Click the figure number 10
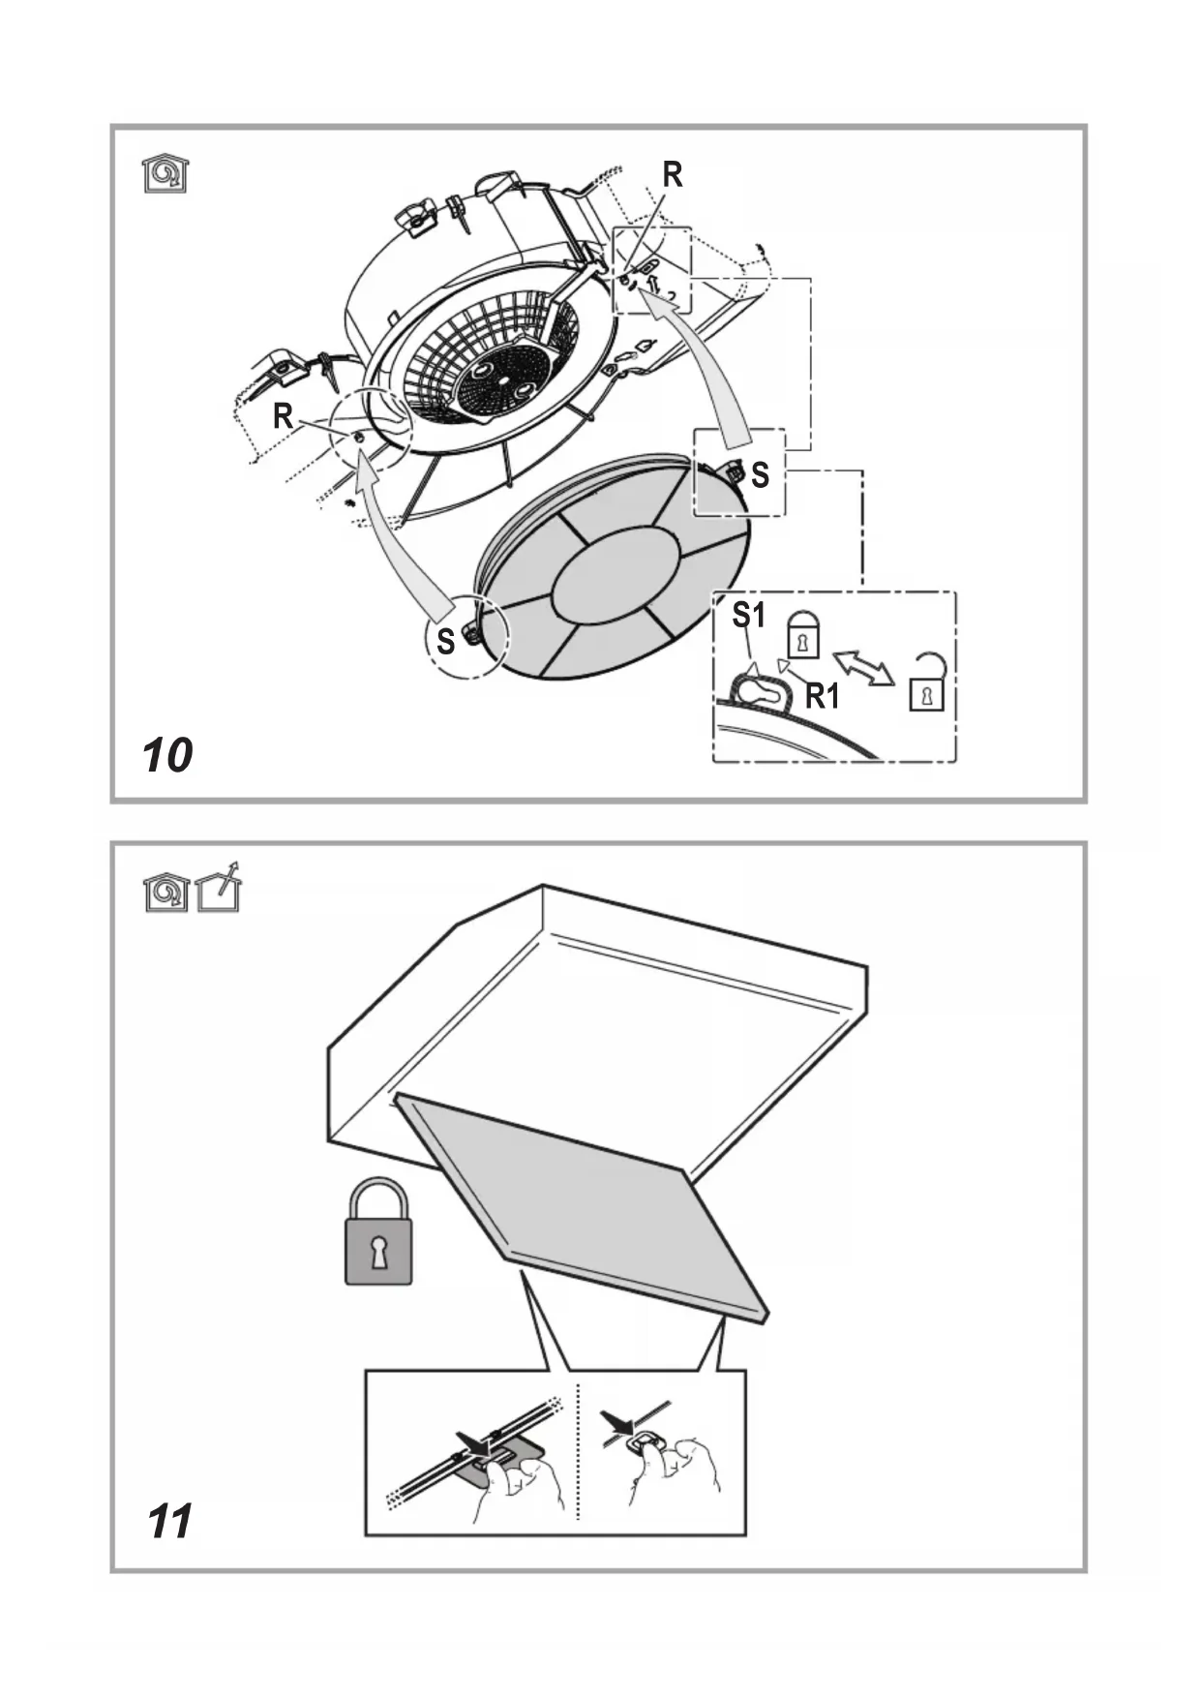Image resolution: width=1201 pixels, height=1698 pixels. (167, 755)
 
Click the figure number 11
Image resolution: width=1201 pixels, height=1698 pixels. (169, 1521)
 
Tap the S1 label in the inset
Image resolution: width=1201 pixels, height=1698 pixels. (748, 615)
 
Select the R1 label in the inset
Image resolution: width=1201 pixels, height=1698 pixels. (823, 695)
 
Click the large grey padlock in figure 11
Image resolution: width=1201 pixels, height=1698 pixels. (378, 1233)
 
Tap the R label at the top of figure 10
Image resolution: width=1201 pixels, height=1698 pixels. (673, 175)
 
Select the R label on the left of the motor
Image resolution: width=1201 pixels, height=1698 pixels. (283, 416)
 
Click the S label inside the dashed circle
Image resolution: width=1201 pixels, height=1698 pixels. (445, 641)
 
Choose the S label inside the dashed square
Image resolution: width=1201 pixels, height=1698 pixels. (760, 474)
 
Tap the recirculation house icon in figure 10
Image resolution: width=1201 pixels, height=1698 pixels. (165, 174)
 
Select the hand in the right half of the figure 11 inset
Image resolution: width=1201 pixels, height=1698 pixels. (677, 1471)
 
